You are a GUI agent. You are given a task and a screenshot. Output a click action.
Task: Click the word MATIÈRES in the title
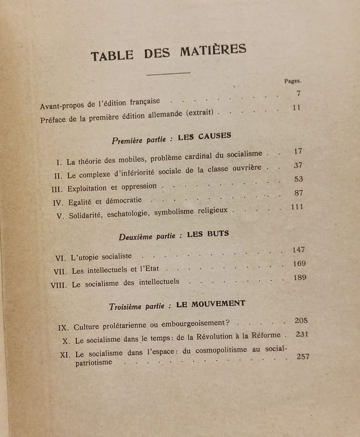213,51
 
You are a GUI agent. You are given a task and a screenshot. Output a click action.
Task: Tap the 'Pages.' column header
293,81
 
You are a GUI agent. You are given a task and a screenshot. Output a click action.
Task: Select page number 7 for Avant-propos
298,93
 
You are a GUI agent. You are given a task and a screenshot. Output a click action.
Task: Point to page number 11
298,107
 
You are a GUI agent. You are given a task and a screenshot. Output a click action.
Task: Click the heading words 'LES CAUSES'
205,137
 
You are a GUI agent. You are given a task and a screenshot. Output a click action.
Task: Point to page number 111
299,206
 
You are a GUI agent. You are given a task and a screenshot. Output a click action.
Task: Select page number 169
300,263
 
